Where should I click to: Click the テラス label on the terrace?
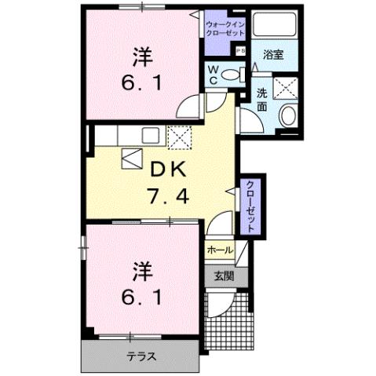[141, 356]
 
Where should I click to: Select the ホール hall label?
[219, 250]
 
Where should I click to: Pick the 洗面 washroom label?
[263, 100]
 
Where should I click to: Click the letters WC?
[214, 74]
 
